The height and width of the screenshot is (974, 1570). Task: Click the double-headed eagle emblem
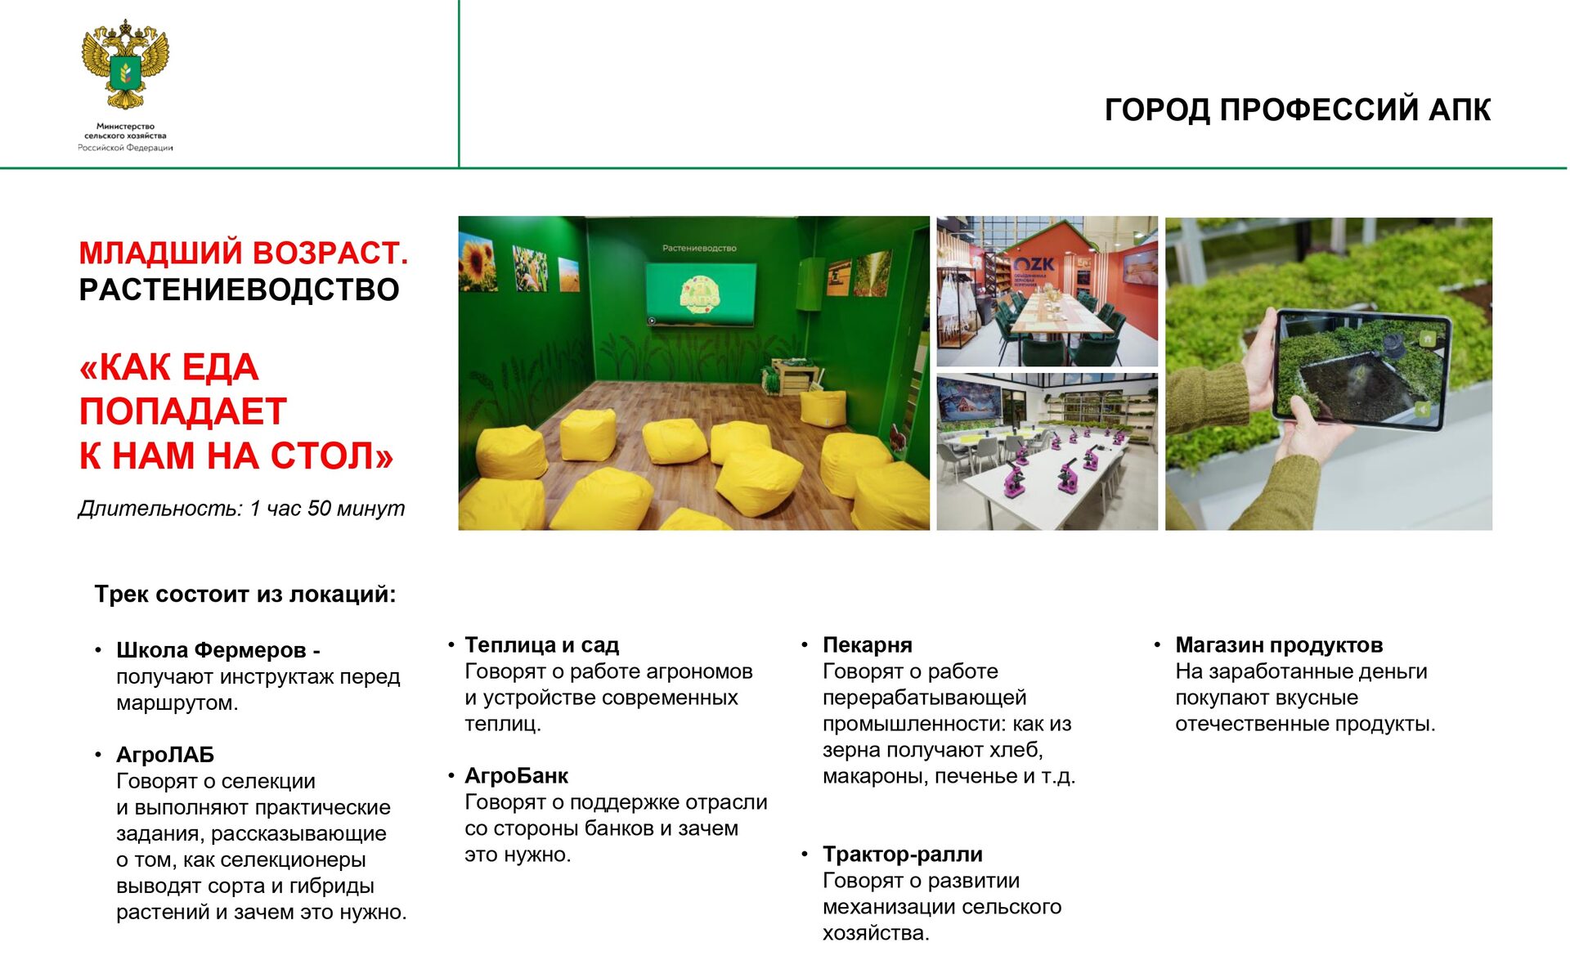[125, 65]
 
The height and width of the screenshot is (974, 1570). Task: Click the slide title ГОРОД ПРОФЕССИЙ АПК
[1298, 110]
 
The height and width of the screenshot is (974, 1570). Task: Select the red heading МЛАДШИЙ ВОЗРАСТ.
[244, 253]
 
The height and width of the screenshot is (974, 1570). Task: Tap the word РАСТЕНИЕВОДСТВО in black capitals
[239, 290]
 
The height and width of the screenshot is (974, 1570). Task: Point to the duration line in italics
[241, 508]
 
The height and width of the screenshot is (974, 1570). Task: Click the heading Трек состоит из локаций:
[245, 594]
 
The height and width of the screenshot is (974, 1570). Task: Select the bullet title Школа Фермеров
[211, 650]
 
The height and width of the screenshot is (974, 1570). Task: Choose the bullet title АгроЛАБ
[165, 754]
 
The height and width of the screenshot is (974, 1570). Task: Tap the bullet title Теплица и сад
[542, 644]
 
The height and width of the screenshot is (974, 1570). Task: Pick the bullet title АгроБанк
[516, 775]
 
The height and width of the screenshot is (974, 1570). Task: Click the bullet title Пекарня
[868, 644]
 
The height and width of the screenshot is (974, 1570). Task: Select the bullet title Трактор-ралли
[903, 854]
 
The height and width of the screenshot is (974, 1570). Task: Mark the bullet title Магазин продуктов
[1279, 644]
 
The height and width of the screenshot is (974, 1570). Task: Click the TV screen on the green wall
[701, 294]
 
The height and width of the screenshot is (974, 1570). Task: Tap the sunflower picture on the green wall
[478, 262]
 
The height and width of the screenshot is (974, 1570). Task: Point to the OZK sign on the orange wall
[1034, 265]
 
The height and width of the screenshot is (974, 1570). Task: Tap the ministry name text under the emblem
[125, 137]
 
